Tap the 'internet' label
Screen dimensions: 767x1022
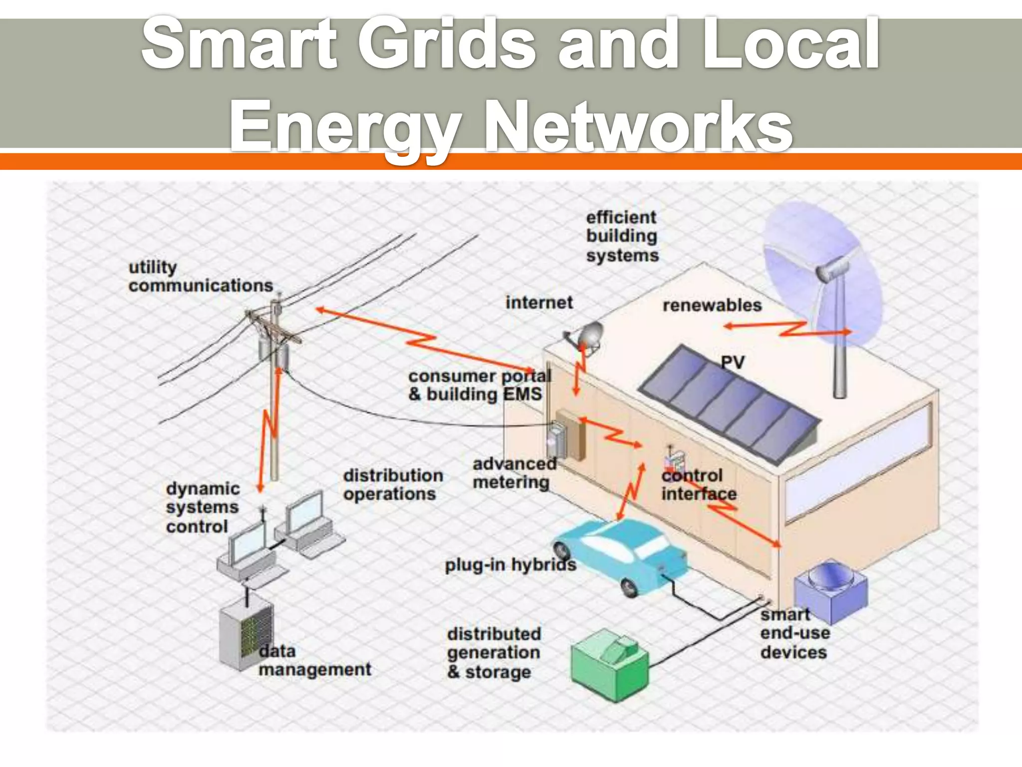tap(539, 303)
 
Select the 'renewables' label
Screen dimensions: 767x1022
tap(712, 305)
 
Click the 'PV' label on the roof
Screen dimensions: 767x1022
tap(733, 363)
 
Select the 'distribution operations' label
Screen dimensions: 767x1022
tap(393, 484)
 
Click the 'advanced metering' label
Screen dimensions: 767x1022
tap(514, 473)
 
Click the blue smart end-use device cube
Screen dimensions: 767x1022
tap(830, 591)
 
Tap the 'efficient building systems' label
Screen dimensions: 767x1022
tap(622, 236)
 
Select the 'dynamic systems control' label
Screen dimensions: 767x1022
tap(202, 507)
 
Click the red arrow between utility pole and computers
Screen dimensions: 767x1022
tap(269, 429)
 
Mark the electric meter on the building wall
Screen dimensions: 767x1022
tap(557, 439)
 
